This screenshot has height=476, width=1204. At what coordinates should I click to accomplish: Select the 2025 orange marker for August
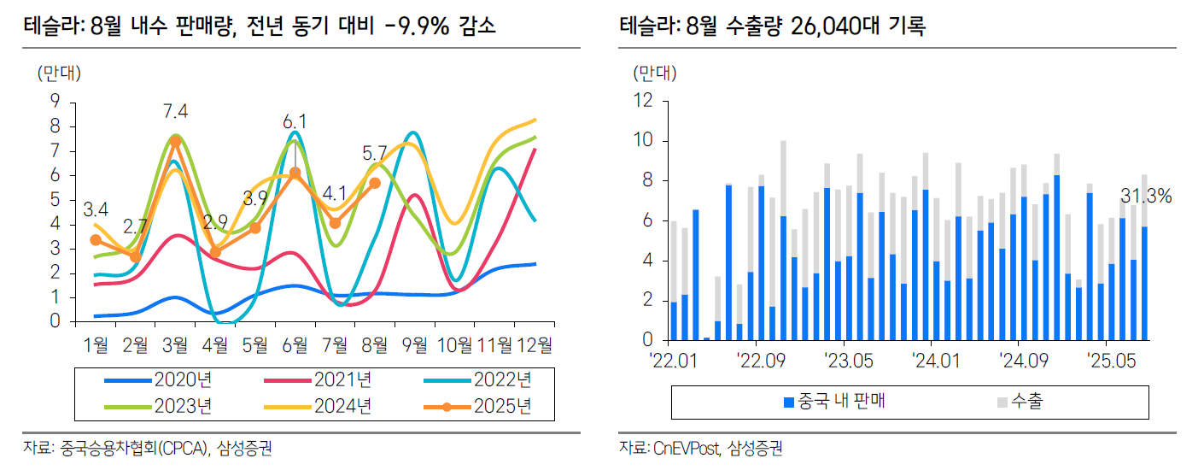click(375, 183)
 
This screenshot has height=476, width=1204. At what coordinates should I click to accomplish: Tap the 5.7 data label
click(374, 155)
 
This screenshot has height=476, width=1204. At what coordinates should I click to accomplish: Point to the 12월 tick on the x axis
click(535, 345)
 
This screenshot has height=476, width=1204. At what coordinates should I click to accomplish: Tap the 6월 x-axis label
click(295, 345)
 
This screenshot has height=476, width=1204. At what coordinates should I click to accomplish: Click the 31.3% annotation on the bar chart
click(1145, 197)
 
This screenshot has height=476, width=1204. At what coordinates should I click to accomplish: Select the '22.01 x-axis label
click(674, 359)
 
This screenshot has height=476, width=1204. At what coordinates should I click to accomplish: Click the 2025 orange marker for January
click(96, 240)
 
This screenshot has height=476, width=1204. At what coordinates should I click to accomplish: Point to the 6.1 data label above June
click(295, 121)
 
